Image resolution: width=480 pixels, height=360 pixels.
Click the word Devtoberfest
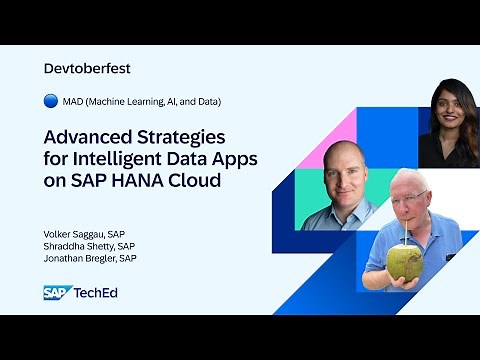click(x=88, y=69)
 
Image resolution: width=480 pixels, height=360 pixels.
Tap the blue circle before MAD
click(x=51, y=101)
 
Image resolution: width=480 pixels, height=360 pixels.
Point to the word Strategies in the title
click(x=182, y=136)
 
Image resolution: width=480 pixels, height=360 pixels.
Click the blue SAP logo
click(x=56, y=292)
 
